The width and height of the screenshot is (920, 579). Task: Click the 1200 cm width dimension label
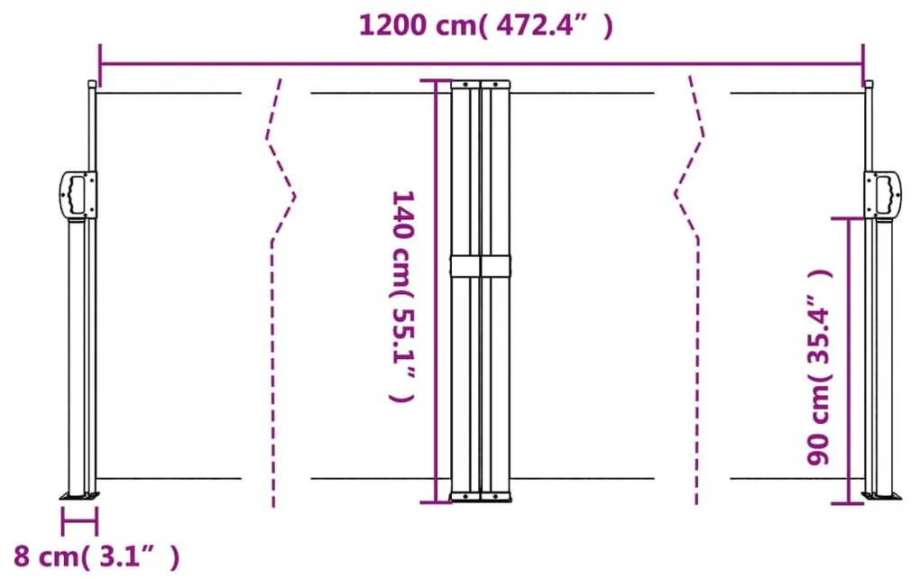[x=484, y=26]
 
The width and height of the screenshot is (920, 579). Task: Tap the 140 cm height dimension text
[x=400, y=295]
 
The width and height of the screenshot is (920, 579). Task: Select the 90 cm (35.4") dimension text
[x=819, y=366]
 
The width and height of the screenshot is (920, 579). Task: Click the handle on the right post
[x=883, y=194]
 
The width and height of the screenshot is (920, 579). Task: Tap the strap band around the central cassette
[x=481, y=266]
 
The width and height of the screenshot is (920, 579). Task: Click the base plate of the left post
[x=79, y=494]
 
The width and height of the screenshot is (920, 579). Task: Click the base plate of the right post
[x=879, y=494]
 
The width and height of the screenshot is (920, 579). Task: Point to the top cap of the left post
[x=91, y=85]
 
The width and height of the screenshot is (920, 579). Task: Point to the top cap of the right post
[x=869, y=85]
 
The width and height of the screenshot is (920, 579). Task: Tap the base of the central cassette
[x=480, y=496]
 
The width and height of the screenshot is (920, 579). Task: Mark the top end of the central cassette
[x=481, y=84]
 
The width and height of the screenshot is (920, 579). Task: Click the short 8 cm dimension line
[x=79, y=520]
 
